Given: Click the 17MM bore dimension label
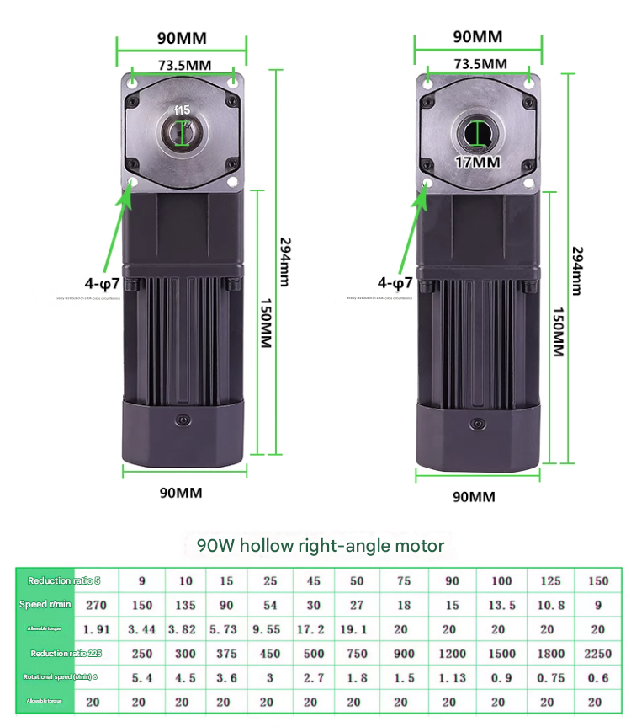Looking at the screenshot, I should [x=477, y=163].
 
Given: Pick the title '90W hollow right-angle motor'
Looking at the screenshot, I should [x=321, y=545].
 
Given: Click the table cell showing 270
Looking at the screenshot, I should [x=97, y=605].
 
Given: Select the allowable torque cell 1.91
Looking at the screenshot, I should [x=97, y=629].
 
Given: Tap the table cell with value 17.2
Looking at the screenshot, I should [x=314, y=629].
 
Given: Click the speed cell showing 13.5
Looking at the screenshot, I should [x=502, y=605].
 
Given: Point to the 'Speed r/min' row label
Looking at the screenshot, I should [x=46, y=605].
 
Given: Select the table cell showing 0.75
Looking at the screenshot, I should [x=550, y=677].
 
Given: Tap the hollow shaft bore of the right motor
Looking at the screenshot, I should [x=478, y=133].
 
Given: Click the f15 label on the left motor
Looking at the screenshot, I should [x=183, y=110].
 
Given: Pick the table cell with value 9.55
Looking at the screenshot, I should [x=270, y=629].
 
